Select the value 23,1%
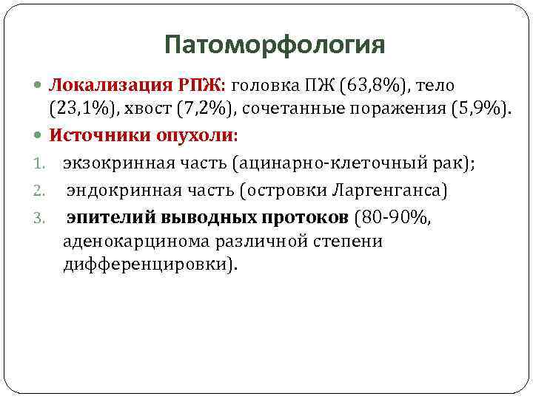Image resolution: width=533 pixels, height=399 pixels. (77, 111)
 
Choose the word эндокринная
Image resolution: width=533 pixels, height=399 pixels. (115, 191)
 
